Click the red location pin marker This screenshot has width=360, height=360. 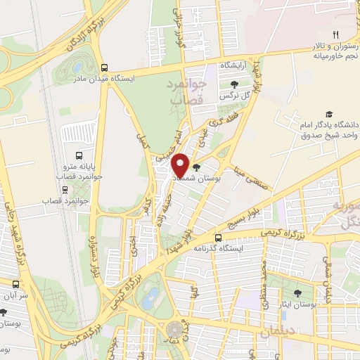click(181, 164)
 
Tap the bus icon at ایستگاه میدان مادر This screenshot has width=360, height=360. click(104, 68)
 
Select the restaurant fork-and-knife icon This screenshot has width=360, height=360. click(336, 34)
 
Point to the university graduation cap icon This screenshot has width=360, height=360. click(328, 114)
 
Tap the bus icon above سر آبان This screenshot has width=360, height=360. click(16, 284)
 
